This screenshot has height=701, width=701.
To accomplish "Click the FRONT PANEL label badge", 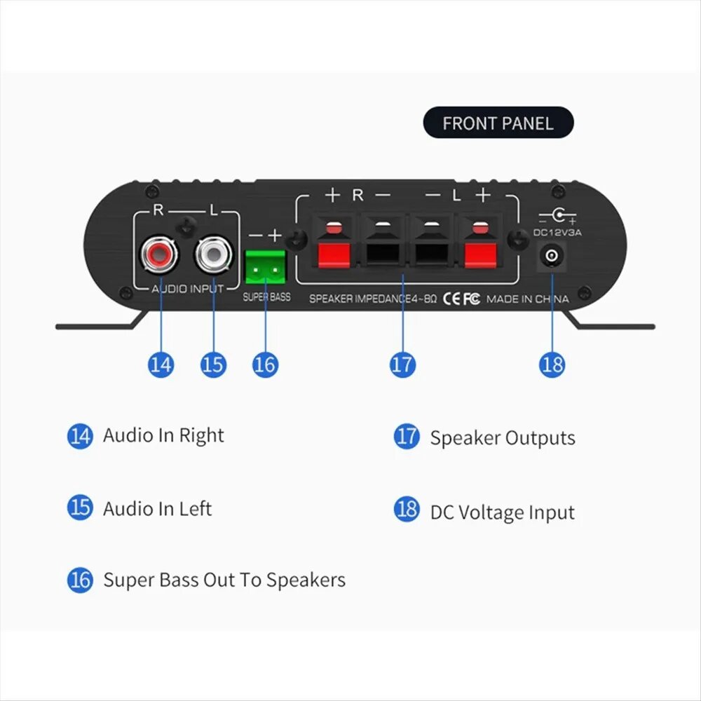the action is tap(498, 123).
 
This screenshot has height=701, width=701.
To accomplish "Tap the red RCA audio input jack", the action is tap(160, 255).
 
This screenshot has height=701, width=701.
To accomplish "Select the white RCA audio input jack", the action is tap(214, 255).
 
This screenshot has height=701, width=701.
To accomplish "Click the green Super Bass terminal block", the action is tap(265, 267).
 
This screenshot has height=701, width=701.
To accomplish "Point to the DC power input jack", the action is tap(552, 256).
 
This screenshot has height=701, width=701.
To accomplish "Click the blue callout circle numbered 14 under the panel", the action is tap(161, 365).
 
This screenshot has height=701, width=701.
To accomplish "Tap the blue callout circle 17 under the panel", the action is tap(402, 365).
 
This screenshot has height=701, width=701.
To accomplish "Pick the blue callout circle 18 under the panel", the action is tap(552, 365).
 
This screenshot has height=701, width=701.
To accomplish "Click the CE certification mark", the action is tap(451, 298).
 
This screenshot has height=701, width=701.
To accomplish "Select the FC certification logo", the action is tap(471, 298).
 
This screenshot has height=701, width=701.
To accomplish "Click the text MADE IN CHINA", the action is tap(528, 299).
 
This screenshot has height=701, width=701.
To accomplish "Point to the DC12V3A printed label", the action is tap(557, 233).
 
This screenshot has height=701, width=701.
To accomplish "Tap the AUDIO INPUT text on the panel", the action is tap(187, 289).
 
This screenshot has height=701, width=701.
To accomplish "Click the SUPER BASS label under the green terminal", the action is tap(266, 297).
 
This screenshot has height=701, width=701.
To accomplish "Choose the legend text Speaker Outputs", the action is tap(503, 437).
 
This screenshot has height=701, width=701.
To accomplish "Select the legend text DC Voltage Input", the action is tap(502, 512).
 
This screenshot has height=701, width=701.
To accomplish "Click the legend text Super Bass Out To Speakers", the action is tap(224, 580).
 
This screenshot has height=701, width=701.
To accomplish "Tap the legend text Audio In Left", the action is tap(157, 509).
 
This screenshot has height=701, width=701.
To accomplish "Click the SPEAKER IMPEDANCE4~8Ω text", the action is tap(373, 299).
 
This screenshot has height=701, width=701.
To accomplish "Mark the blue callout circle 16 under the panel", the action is tap(265, 365).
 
